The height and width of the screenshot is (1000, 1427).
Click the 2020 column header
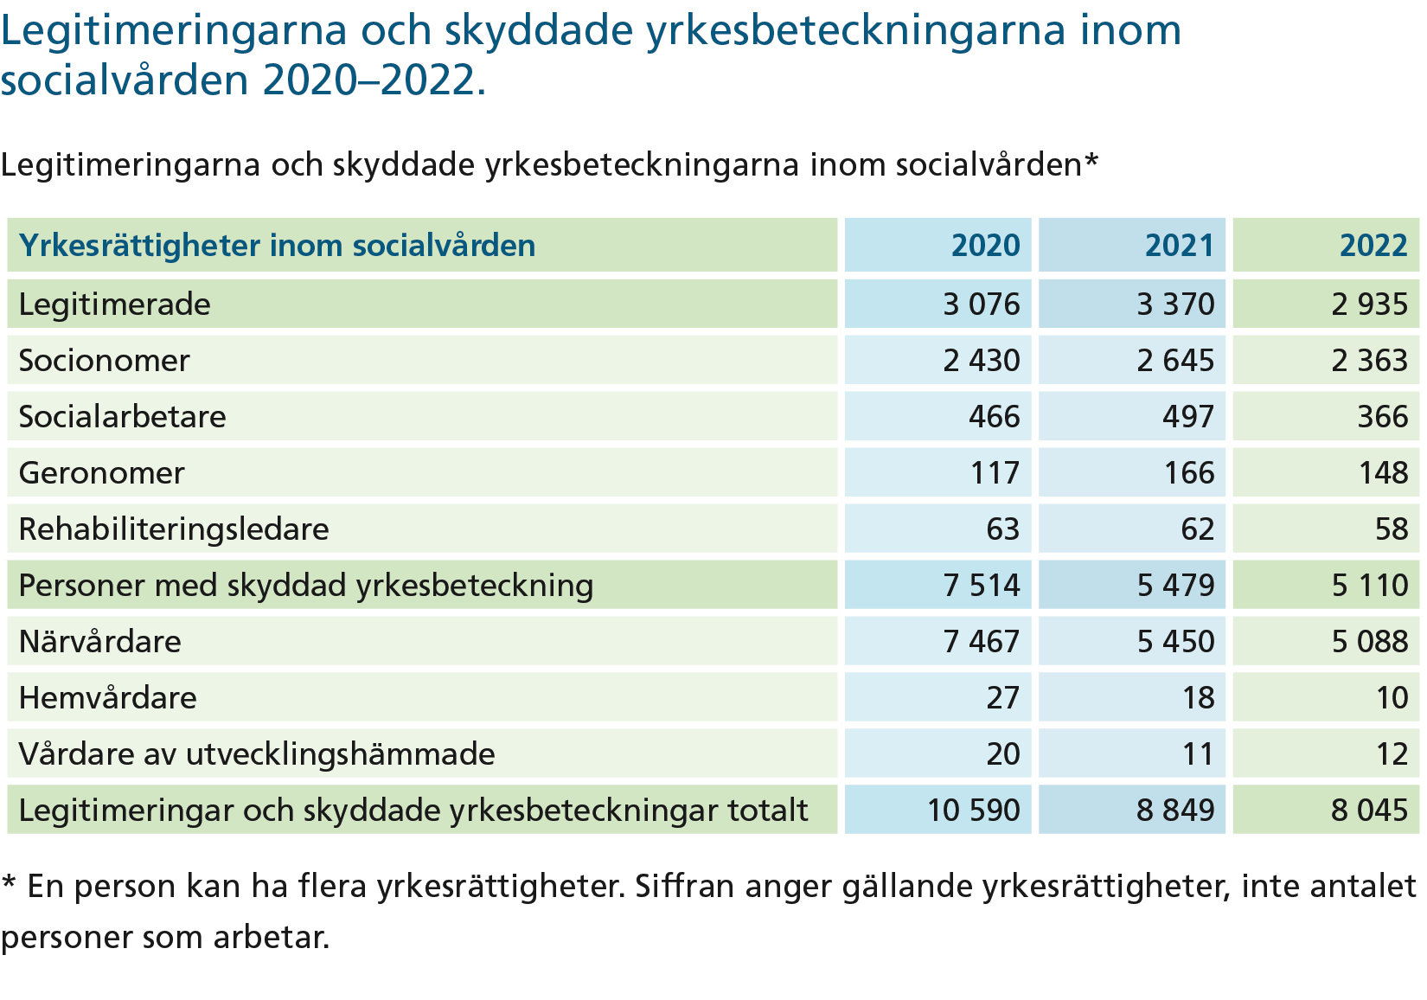pyautogui.click(x=985, y=246)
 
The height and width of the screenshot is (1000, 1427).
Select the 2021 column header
pyautogui.click(x=1179, y=246)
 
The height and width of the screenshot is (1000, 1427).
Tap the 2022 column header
pyautogui.click(x=1373, y=246)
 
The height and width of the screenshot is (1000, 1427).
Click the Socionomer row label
pyautogui.click(x=105, y=361)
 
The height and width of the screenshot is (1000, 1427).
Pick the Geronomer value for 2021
pyautogui.click(x=1189, y=473)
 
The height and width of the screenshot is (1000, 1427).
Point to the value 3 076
pyautogui.click(x=982, y=304)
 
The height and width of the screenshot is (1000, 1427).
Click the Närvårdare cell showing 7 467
pyautogui.click(x=982, y=641)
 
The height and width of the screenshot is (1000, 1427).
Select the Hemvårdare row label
pyautogui.click(x=107, y=697)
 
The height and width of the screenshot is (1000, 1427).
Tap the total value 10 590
pyautogui.click(x=974, y=810)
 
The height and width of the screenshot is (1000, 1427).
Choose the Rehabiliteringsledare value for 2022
pyautogui.click(x=1392, y=529)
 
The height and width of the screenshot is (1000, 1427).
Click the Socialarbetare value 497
pyautogui.click(x=1189, y=417)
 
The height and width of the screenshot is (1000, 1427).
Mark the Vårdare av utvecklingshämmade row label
pyautogui.click(x=257, y=754)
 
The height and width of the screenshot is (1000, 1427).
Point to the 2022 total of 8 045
pyautogui.click(x=1370, y=810)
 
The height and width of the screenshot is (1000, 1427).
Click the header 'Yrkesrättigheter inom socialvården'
pyautogui.click(x=277, y=246)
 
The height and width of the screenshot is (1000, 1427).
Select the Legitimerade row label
pyautogui.click(x=115, y=304)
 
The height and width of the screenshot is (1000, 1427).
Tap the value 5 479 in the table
pyautogui.click(x=1176, y=585)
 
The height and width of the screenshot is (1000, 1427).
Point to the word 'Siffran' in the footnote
pyautogui.click(x=685, y=886)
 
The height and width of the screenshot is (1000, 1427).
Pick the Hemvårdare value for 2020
pyautogui.click(x=1003, y=697)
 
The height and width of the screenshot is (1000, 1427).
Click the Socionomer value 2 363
pyautogui.click(x=1370, y=361)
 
